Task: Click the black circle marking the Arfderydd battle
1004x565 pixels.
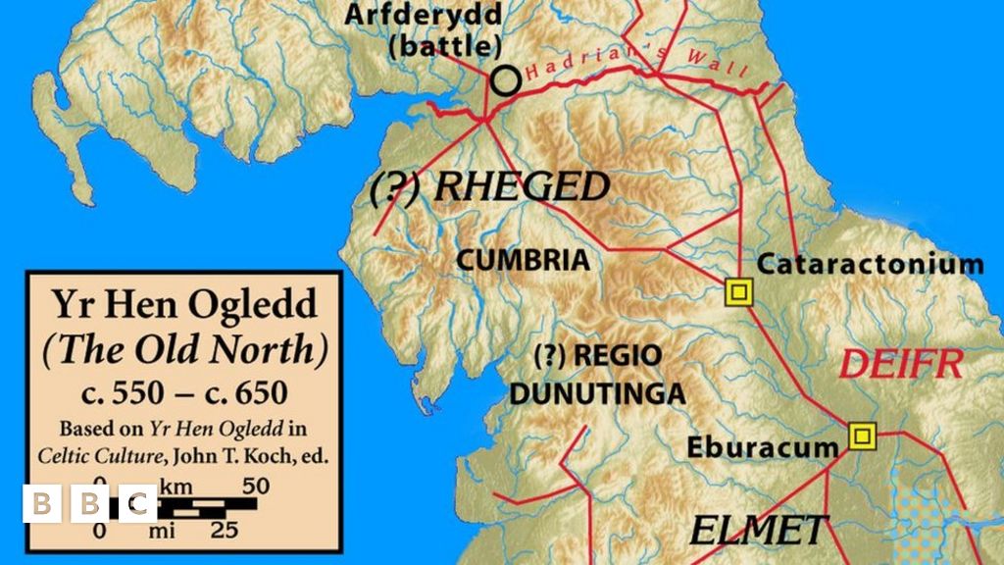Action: tap(505, 80)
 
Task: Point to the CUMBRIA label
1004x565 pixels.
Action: tap(525, 261)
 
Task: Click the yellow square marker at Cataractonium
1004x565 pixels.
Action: tap(738, 291)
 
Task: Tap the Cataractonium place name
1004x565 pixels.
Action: tap(870, 263)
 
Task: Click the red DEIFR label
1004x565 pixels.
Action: tap(900, 365)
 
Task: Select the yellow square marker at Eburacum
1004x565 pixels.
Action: tap(862, 436)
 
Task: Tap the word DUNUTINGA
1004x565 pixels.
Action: tap(596, 394)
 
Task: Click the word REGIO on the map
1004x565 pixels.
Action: tap(618, 355)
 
